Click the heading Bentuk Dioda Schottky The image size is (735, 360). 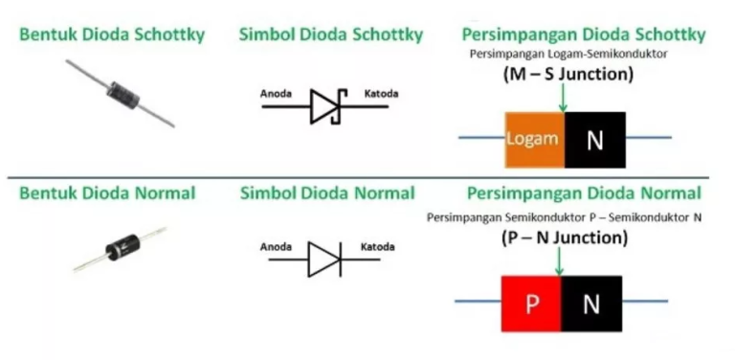(x=112, y=35)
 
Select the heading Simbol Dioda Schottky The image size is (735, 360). (x=331, y=35)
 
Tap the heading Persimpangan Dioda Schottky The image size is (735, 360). (x=583, y=35)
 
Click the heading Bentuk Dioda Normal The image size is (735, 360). (x=107, y=193)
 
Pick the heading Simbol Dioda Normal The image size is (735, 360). (x=327, y=193)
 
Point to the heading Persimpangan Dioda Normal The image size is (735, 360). (x=584, y=193)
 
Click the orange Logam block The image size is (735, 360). (x=534, y=139)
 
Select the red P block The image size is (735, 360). (x=530, y=304)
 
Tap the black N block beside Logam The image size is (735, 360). (x=595, y=140)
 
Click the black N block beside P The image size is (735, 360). (x=590, y=304)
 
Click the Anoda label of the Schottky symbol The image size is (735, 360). (x=278, y=94)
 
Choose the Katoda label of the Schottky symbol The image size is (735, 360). (x=382, y=94)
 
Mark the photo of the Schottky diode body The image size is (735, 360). (x=119, y=93)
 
